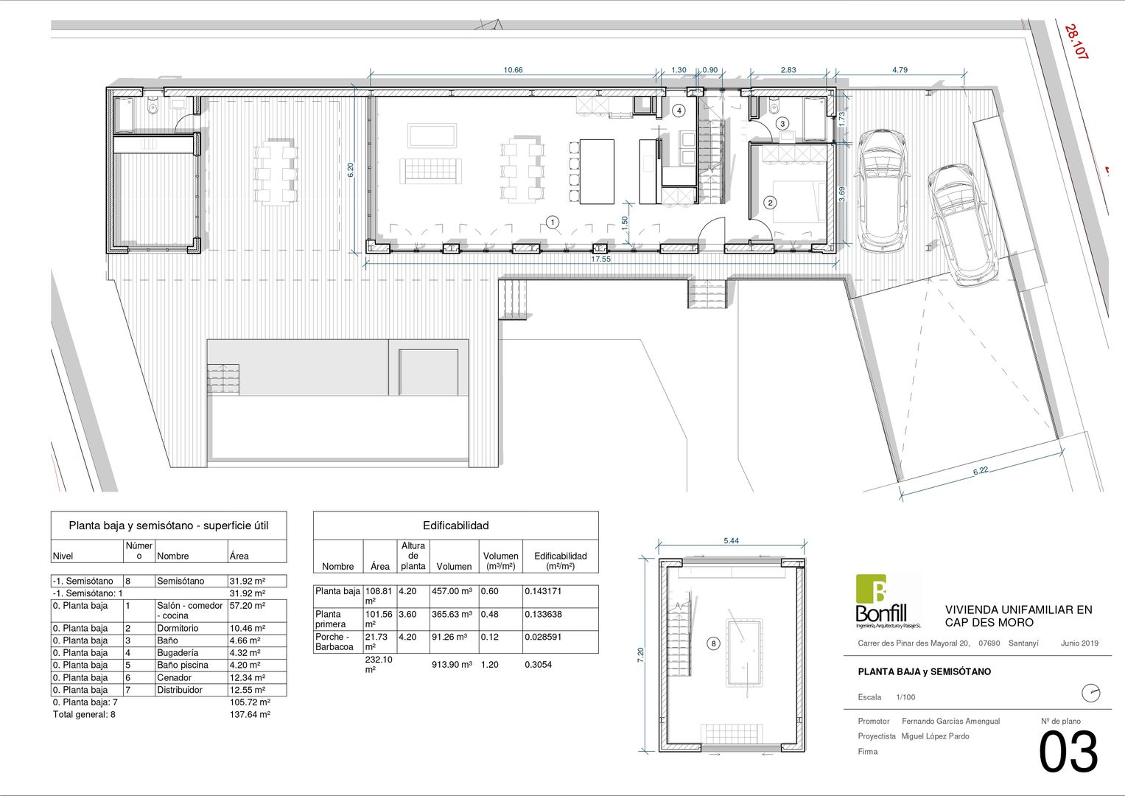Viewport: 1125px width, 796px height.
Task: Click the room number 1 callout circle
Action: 553,222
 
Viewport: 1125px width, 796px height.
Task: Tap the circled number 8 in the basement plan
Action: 713,643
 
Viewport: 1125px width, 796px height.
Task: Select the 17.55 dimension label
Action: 600,259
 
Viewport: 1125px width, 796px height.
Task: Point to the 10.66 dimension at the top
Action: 513,70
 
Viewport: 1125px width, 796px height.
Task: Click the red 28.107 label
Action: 1076,42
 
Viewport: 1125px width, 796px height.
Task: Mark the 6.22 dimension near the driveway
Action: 981,470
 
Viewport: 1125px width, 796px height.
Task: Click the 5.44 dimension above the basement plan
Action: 732,541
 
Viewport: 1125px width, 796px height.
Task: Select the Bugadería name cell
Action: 178,653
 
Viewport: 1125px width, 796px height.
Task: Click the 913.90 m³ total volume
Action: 452,664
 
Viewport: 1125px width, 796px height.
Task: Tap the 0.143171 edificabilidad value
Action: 544,591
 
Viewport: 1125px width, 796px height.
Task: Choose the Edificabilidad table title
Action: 455,525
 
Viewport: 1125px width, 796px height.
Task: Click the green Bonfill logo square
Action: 871,589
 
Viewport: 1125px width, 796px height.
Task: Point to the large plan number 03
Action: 1068,753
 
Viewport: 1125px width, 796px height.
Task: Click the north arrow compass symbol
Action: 1090,694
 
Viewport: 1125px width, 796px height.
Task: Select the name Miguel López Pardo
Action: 935,736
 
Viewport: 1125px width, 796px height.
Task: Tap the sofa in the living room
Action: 431,171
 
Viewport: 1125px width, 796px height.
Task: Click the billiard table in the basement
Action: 744,652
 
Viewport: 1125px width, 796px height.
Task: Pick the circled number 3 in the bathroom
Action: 782,124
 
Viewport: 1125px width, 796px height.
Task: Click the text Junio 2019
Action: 1079,643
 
